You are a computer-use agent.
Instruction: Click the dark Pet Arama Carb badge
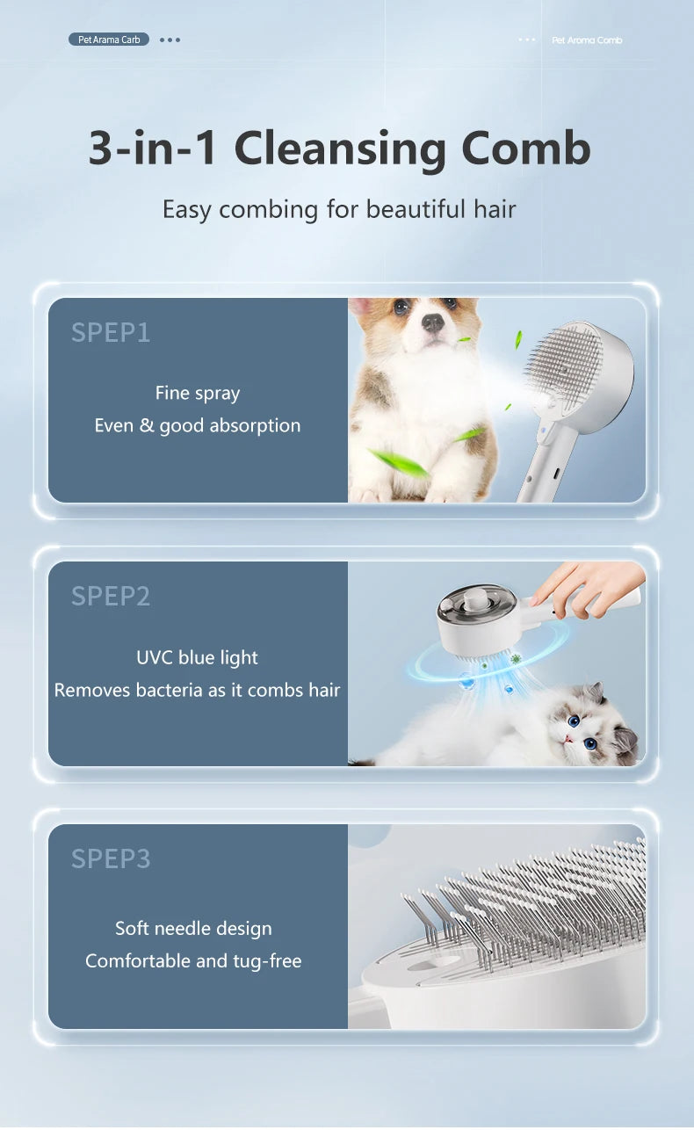click(109, 40)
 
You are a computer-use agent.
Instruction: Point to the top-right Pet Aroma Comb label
click(587, 40)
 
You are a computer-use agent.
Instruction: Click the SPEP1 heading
click(111, 333)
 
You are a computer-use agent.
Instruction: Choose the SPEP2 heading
click(111, 597)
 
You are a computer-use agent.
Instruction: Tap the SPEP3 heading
click(111, 859)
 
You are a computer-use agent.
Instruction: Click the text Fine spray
click(198, 394)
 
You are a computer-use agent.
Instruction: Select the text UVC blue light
click(198, 657)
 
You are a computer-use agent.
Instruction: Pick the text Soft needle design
click(194, 929)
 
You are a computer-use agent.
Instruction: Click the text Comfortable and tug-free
click(193, 961)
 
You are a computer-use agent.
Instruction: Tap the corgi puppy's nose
click(432, 322)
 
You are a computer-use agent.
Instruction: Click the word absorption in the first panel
click(255, 426)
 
